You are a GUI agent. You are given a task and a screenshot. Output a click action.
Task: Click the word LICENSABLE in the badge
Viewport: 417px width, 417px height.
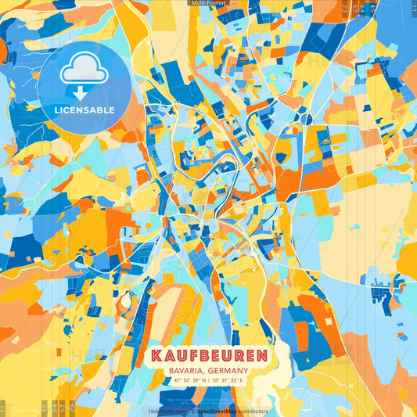pyautogui.click(x=84, y=110)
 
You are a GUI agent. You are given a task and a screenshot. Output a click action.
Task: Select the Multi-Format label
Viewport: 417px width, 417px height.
pyautogui.click(x=208, y=3)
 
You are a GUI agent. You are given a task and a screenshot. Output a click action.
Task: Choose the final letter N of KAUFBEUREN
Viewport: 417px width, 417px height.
pyautogui.click(x=261, y=355)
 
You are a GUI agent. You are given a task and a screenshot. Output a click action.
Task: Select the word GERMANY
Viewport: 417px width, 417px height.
pyautogui.click(x=229, y=371)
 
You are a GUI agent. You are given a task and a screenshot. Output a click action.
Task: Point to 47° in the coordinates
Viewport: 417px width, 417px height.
pyautogui.click(x=177, y=380)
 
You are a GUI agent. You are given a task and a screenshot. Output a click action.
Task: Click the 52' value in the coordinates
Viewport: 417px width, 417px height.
pyautogui.click(x=187, y=380)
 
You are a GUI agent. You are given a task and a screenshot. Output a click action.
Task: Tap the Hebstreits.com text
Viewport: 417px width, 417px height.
pyautogui.click(x=166, y=411)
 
